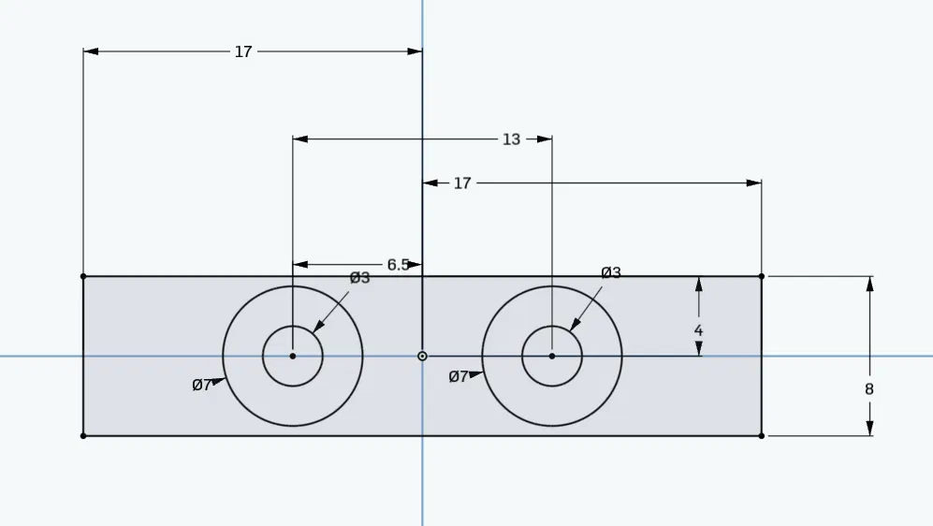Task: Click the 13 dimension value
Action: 511,139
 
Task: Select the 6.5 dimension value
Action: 398,265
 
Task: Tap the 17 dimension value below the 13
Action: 462,183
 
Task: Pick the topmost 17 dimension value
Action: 243,51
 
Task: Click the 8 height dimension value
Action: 869,388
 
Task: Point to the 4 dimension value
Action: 698,330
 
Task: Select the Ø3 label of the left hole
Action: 360,278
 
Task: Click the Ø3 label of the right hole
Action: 611,272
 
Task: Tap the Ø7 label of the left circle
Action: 202,385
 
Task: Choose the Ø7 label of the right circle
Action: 459,376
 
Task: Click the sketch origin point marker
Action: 422,356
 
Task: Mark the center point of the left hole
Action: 293,356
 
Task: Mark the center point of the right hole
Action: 552,356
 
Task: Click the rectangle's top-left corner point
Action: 83,276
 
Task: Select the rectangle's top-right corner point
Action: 762,276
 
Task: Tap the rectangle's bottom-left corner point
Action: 83,435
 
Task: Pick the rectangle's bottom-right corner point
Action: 762,435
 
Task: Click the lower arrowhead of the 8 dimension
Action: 869,429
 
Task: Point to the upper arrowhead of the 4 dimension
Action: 698,284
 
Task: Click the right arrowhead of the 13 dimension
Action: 546,139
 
